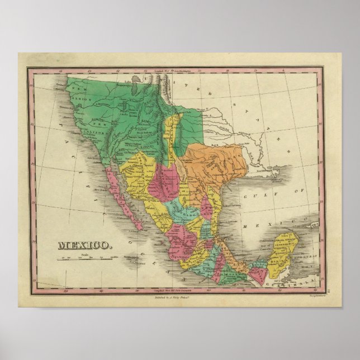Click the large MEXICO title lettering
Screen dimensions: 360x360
point(84,244)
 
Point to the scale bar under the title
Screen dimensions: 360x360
point(84,257)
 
